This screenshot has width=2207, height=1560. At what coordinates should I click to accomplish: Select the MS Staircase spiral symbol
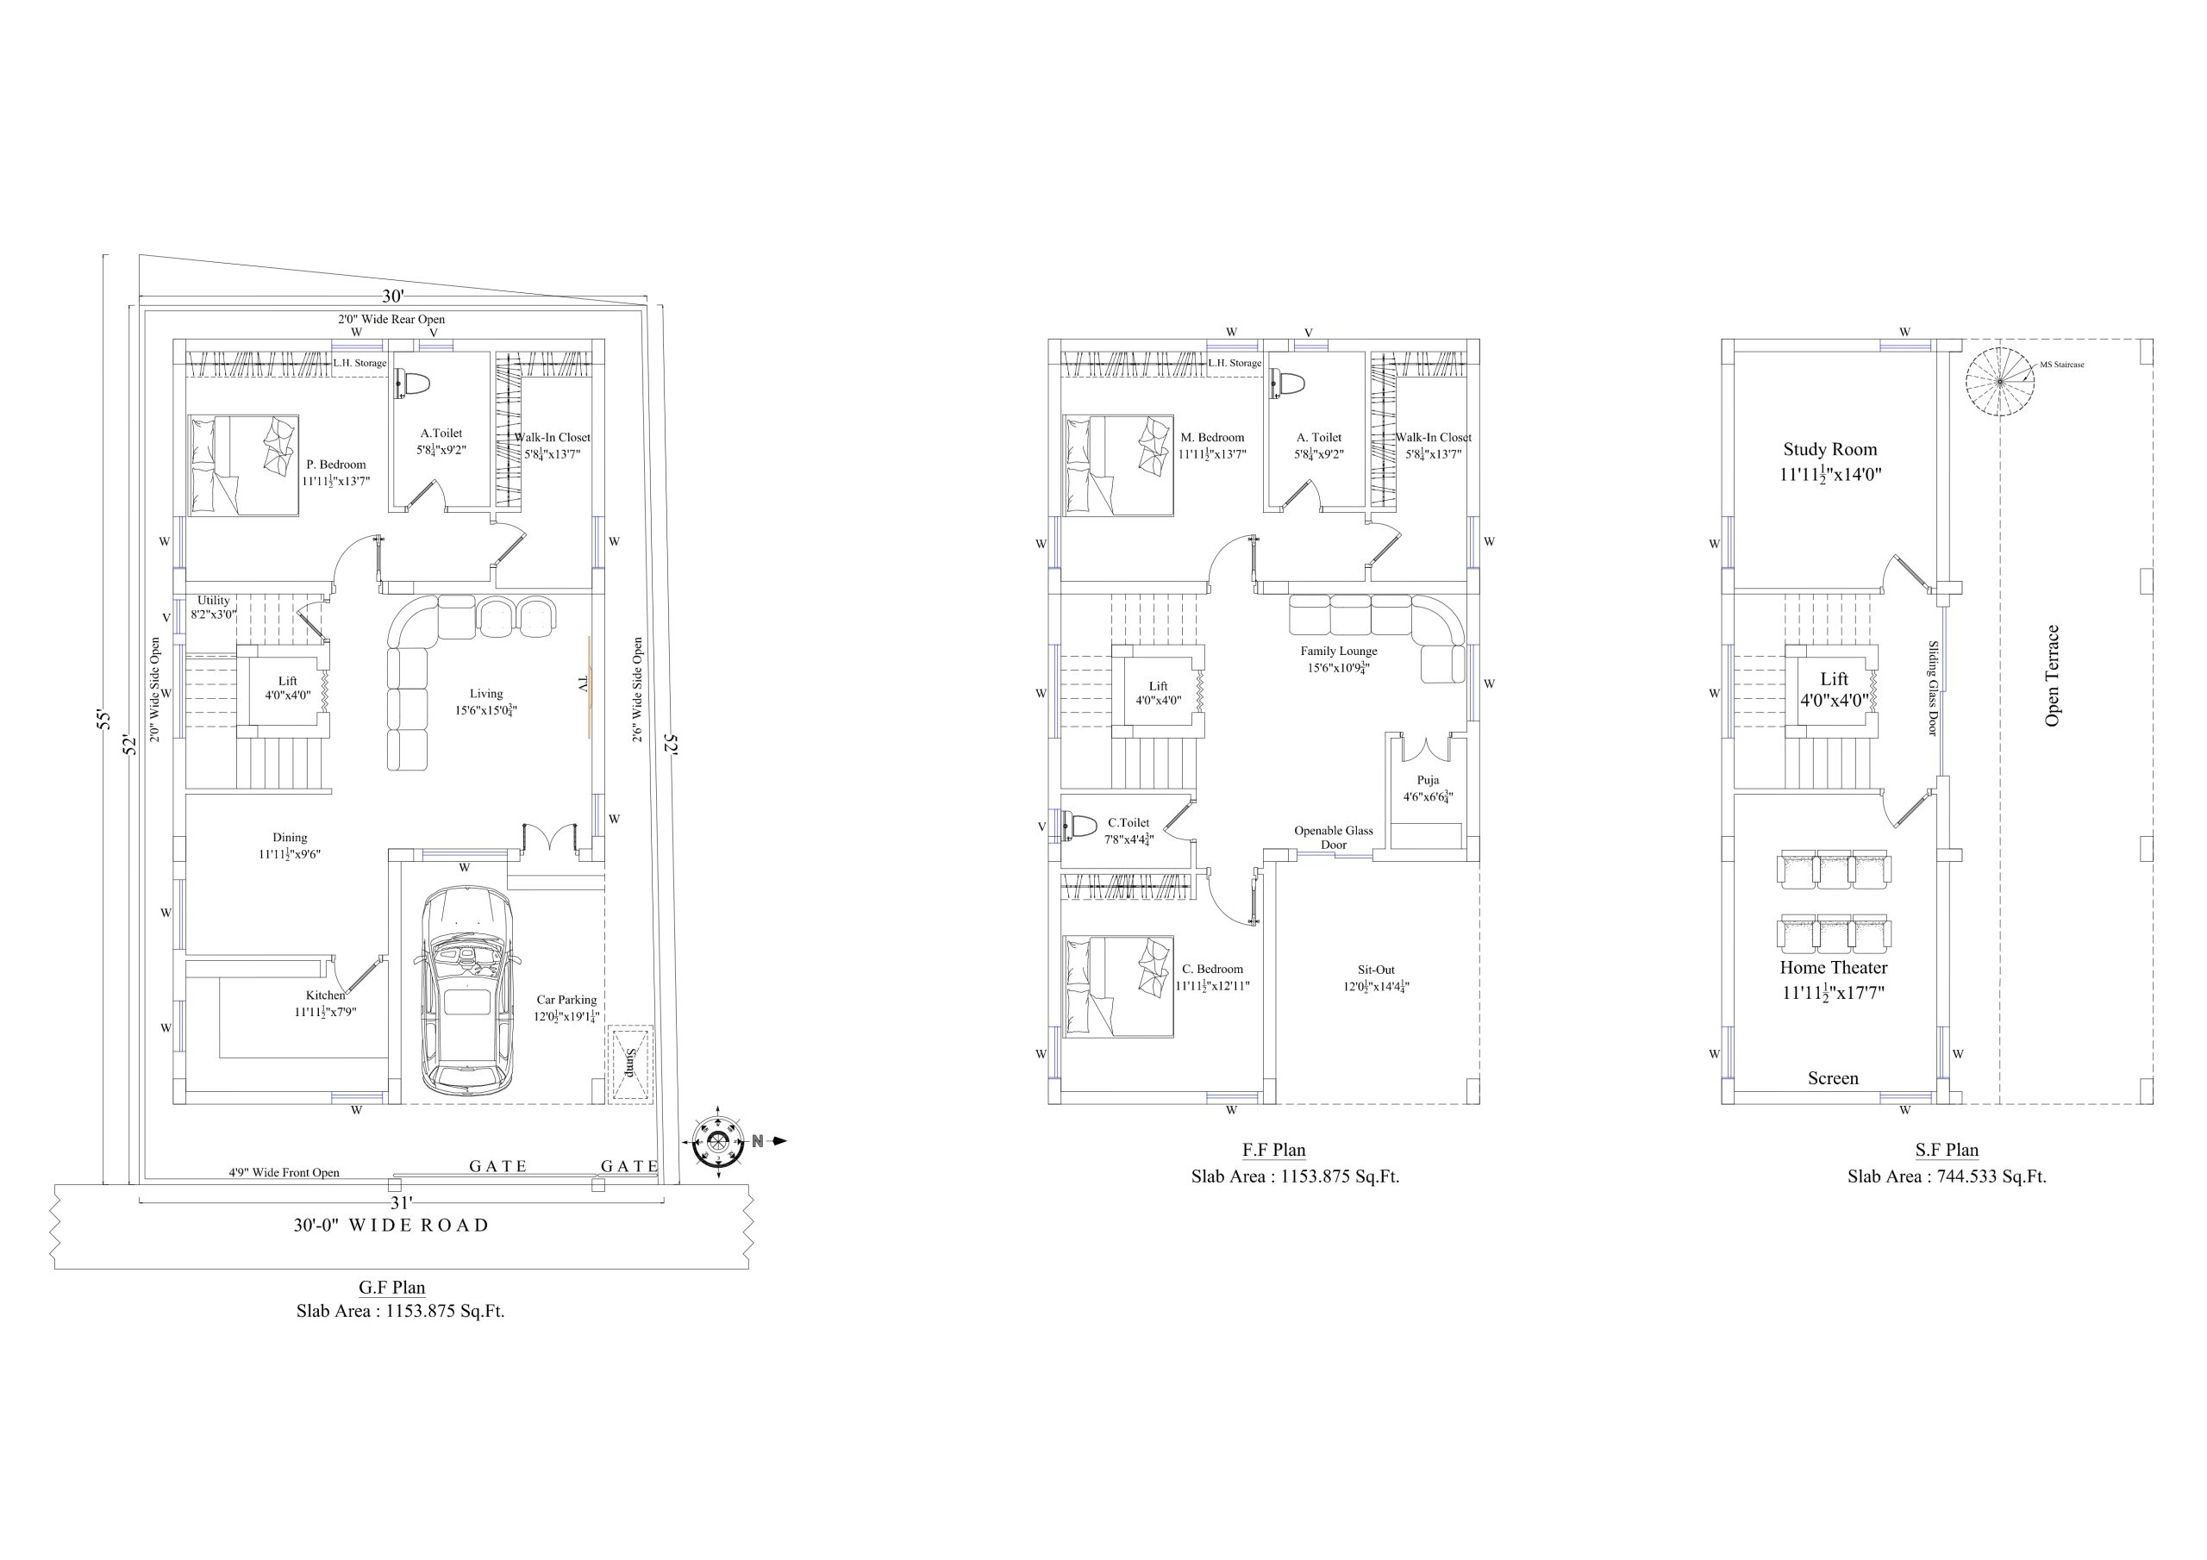coord(2000,382)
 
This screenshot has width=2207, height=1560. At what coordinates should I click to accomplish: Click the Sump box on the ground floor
coord(629,1063)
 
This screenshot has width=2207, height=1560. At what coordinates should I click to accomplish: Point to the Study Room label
coord(1830,449)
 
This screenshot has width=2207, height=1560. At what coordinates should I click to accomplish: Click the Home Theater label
coord(1833,968)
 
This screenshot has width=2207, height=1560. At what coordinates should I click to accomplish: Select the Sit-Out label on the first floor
coord(1376,970)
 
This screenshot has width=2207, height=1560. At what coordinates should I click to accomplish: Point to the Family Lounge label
coord(1339,651)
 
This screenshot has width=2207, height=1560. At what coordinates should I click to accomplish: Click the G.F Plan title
coord(392,1287)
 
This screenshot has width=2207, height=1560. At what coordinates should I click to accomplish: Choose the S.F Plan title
coord(1947,1150)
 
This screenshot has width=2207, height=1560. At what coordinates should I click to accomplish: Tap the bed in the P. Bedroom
coord(244,465)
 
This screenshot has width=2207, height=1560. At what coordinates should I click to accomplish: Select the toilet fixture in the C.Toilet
coord(1080,827)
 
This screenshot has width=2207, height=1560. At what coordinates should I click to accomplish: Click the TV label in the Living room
coord(583,683)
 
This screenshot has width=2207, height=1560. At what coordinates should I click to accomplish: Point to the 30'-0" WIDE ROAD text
coord(391,1226)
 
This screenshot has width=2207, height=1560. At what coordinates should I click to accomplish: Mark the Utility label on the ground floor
coord(214,601)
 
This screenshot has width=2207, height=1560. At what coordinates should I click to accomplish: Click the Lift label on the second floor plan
coord(1834,678)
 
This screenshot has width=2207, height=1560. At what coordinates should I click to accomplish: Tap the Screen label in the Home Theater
coord(1833,1078)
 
